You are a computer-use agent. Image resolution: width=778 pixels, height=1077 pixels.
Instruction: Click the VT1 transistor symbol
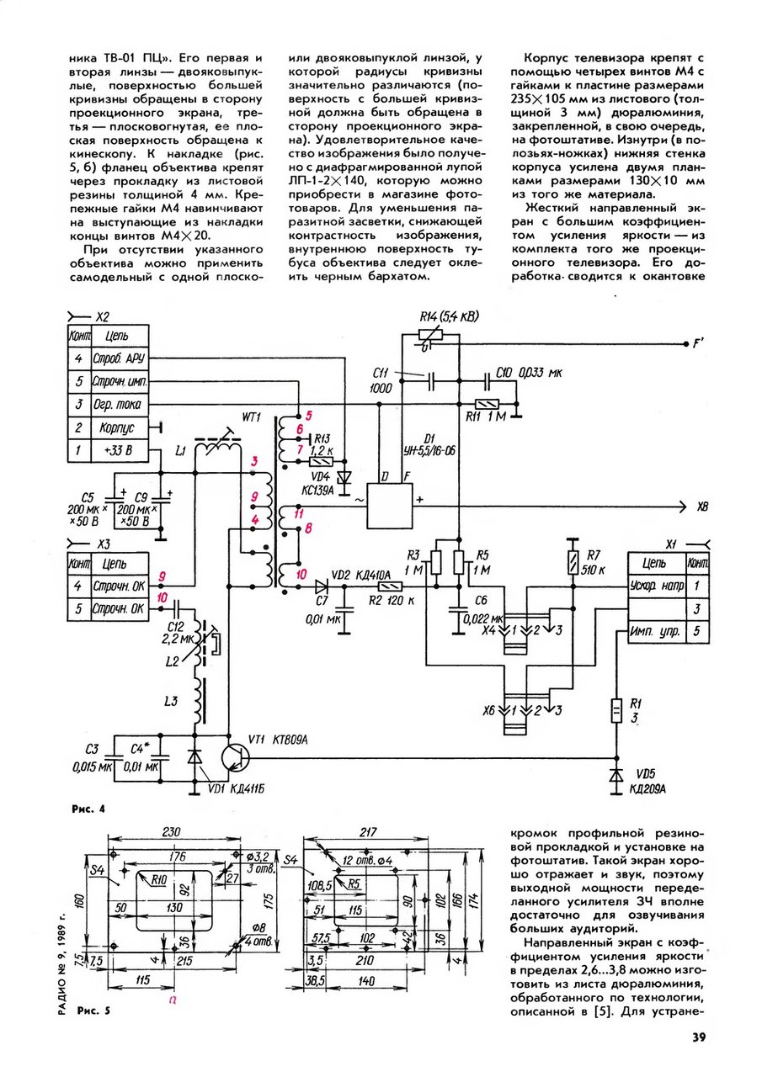(236, 758)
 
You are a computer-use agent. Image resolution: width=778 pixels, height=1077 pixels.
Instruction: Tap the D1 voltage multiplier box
(390, 506)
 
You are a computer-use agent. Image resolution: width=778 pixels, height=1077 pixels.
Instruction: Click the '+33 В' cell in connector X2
(119, 450)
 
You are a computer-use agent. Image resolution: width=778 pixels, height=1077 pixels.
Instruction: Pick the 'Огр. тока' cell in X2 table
(119, 405)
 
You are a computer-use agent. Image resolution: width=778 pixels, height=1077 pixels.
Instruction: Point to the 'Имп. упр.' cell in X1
(656, 631)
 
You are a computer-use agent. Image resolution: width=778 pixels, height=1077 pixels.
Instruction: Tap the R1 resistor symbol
(615, 711)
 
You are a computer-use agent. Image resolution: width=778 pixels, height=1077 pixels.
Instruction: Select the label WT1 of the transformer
(251, 416)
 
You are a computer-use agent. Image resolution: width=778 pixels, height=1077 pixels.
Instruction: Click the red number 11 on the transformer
(299, 514)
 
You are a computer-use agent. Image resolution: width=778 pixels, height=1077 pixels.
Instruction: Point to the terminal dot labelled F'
(685, 344)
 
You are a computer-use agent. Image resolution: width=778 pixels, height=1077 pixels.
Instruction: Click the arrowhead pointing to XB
(682, 507)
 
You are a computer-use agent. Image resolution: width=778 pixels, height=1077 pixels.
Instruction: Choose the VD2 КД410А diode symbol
(322, 586)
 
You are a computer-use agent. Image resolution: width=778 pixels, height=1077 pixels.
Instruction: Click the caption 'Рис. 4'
(88, 809)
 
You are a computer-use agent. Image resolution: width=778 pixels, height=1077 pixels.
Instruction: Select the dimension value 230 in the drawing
(171, 832)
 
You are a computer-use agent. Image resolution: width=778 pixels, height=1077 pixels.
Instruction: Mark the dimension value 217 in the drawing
(368, 832)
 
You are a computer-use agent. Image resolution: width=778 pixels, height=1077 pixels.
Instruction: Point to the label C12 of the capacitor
(177, 628)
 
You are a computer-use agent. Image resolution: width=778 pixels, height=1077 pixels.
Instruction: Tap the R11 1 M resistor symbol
(487, 405)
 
